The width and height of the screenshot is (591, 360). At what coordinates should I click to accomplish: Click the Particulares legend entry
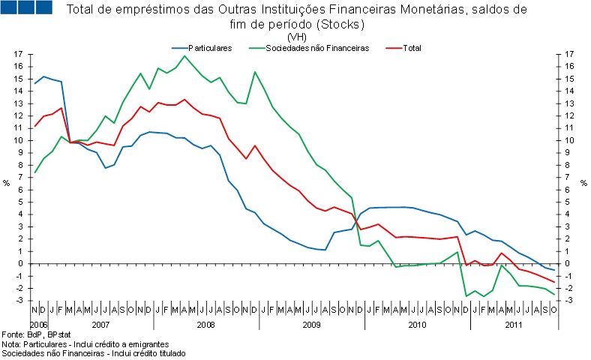click(209, 48)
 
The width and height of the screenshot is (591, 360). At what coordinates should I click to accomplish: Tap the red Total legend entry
click(412, 48)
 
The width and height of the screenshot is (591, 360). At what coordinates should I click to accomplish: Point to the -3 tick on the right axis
click(571, 301)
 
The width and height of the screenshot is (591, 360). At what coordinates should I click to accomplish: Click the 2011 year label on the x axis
click(514, 324)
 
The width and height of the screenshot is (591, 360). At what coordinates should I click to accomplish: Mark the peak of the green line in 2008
click(184, 55)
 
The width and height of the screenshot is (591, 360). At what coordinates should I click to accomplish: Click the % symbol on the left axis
click(7, 181)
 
